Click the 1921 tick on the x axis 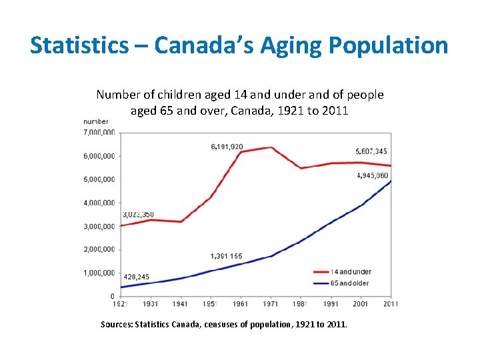tap(121, 304)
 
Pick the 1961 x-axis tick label tap(241, 304)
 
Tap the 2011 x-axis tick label tap(391, 304)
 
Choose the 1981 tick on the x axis tap(301, 304)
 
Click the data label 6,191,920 tap(227, 147)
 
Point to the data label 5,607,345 tap(371, 151)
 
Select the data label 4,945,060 tap(372, 175)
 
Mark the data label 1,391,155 tap(226, 256)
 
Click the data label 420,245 tap(137, 276)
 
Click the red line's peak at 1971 tap(271, 147)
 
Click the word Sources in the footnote tap(116, 325)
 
